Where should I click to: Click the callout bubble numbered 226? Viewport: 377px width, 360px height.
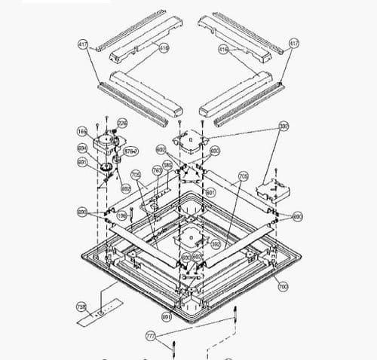coord(122,122)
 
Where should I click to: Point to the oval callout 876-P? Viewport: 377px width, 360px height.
coord(130,151)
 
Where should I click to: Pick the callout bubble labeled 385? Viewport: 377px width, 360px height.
coord(167,165)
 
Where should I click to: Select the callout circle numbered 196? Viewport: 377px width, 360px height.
coord(121,216)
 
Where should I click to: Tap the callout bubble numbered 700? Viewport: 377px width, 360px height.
coord(283,287)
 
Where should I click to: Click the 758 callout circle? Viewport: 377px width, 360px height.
coord(81,307)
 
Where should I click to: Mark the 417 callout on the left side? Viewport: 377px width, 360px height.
coord(82,45)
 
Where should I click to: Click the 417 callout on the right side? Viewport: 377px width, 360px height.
coord(293,44)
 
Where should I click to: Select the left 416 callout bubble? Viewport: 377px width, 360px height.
coord(164,47)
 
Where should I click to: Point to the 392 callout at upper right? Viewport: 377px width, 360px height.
coord(284,126)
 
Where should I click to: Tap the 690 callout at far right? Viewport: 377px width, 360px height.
coord(297,216)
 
